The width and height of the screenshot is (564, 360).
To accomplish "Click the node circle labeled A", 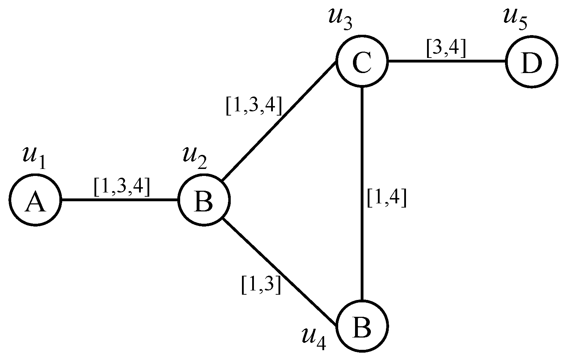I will point(35,201).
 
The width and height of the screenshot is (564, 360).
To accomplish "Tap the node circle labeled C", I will point(362,61).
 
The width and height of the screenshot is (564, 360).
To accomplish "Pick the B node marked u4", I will point(362,326).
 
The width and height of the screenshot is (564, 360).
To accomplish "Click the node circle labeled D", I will point(531,61).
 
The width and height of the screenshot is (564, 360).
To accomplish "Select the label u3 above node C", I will point(340,19).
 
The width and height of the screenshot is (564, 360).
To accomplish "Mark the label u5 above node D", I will point(515,19).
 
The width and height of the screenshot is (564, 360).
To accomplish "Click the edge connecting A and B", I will point(119,200).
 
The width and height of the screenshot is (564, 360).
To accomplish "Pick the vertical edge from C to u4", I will point(362,193).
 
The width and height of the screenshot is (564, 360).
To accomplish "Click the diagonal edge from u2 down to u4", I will point(279,270).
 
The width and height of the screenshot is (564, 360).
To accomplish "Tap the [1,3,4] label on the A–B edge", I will point(122,187).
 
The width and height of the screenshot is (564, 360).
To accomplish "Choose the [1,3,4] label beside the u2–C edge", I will point(254,106).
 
